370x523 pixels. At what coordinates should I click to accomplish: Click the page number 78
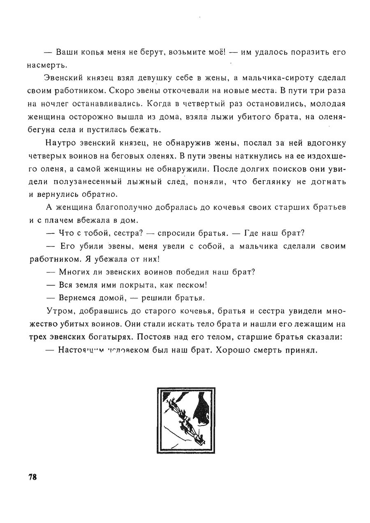[x=33, y=477]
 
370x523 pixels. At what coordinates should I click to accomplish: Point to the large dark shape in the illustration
[x=203, y=409]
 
